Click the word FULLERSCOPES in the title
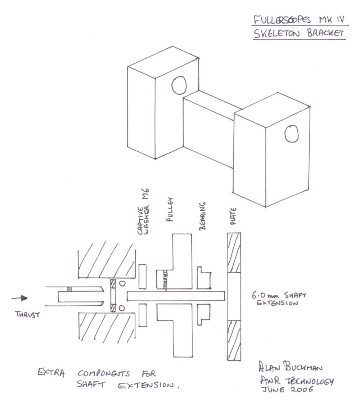[x=282, y=20]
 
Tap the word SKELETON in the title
[x=276, y=33]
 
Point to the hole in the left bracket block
[x=179, y=85]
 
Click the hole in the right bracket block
[x=292, y=134]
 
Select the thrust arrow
[x=19, y=298]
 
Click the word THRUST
[x=28, y=314]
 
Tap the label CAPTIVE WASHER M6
[x=143, y=212]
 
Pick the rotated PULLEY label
[x=170, y=209]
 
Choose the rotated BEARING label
[x=202, y=216]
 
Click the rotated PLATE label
[x=233, y=216]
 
